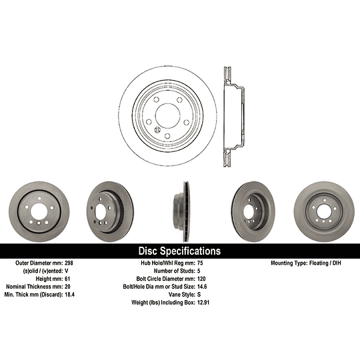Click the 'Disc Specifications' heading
click(179, 251)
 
